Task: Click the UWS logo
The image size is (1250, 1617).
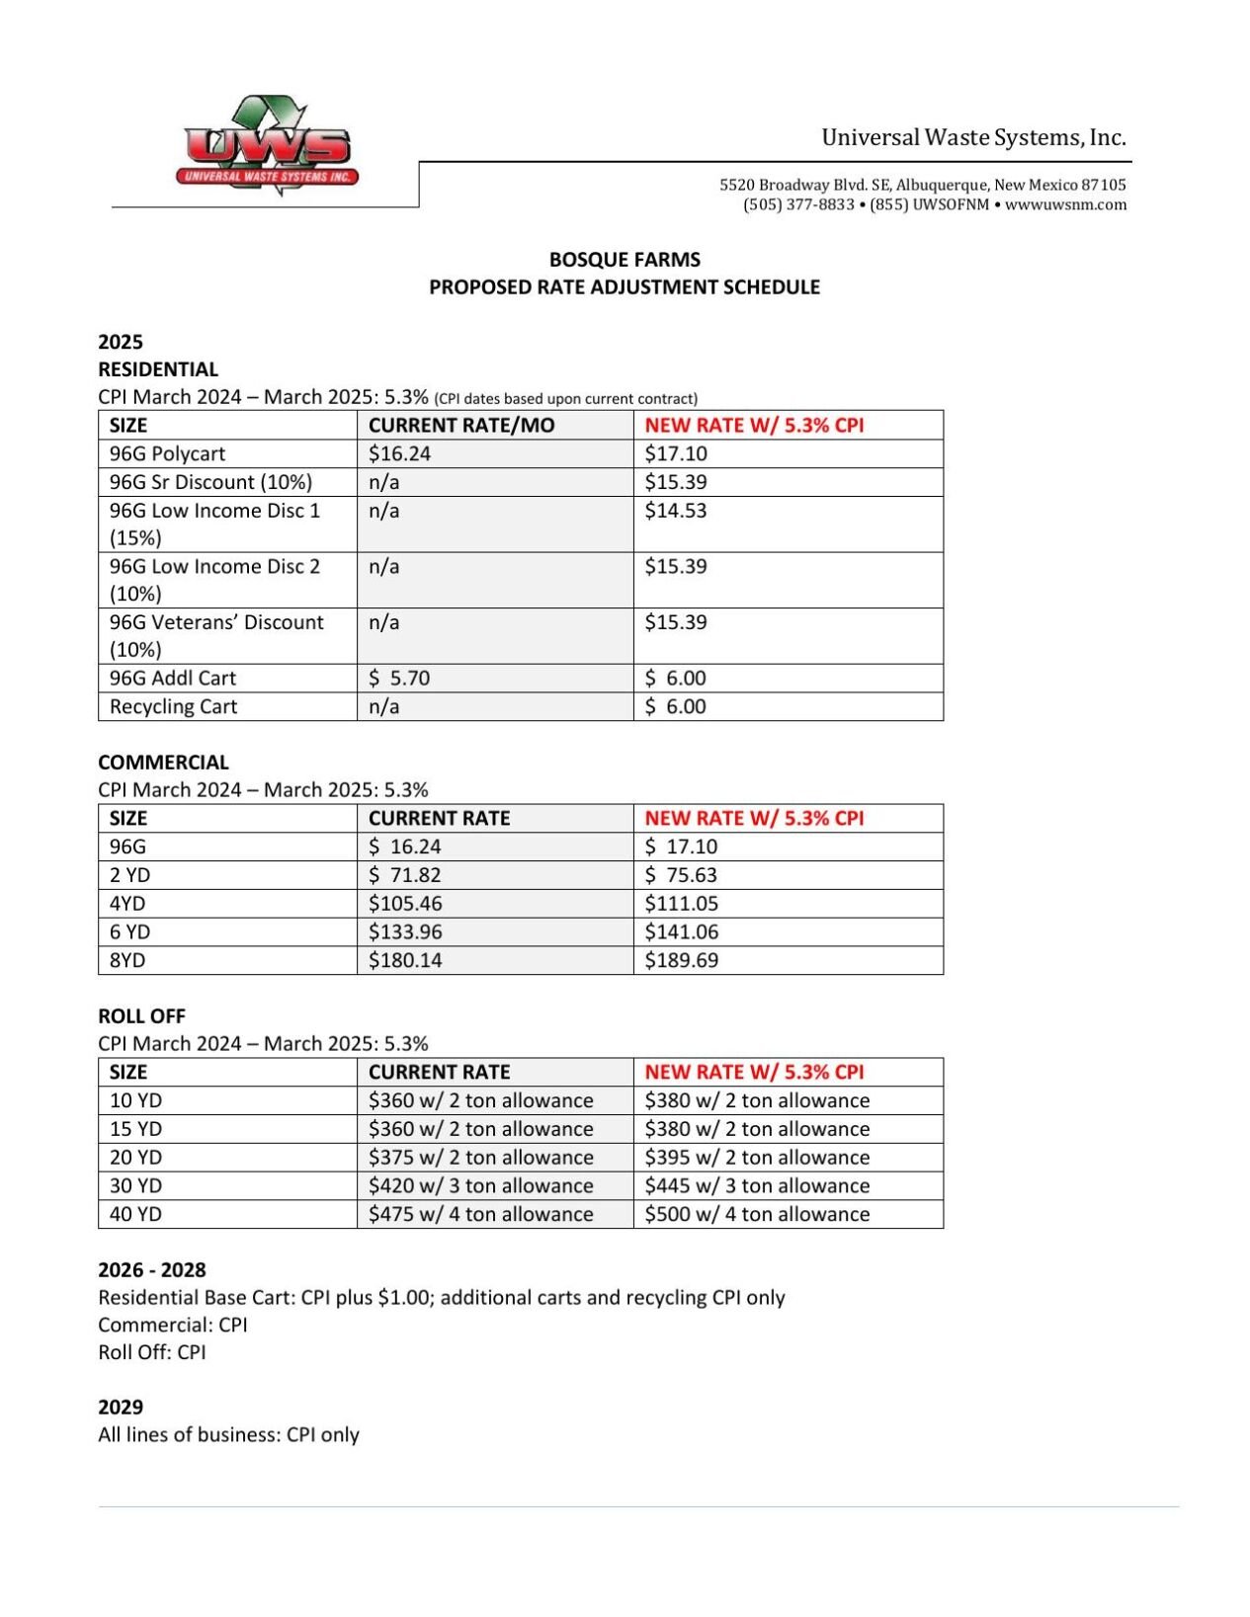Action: tap(267, 146)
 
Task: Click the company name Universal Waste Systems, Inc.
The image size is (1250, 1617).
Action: tap(973, 137)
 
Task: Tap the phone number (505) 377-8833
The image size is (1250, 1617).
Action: tap(798, 204)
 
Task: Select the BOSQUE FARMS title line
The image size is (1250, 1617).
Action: tap(625, 260)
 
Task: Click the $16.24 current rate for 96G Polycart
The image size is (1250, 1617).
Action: tap(399, 453)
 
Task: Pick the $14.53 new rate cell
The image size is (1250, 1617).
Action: tap(676, 511)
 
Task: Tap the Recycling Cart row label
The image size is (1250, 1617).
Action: tap(173, 706)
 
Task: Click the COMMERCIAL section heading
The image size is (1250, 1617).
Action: tap(163, 763)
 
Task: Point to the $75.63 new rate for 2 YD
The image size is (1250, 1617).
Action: tap(681, 875)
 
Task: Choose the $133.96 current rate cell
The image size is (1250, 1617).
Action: tap(405, 931)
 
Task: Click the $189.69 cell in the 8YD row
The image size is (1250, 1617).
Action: tap(681, 960)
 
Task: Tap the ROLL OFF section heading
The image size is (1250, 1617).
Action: tap(141, 1016)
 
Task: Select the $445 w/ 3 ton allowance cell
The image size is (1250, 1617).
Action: tap(757, 1185)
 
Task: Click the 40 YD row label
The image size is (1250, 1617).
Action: tap(135, 1214)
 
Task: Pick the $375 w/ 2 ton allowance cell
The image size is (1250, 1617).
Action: tap(480, 1158)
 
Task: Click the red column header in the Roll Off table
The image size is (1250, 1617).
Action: tap(754, 1072)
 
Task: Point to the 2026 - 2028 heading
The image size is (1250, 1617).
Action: tap(152, 1270)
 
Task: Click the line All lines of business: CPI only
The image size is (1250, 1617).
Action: tap(228, 1434)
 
